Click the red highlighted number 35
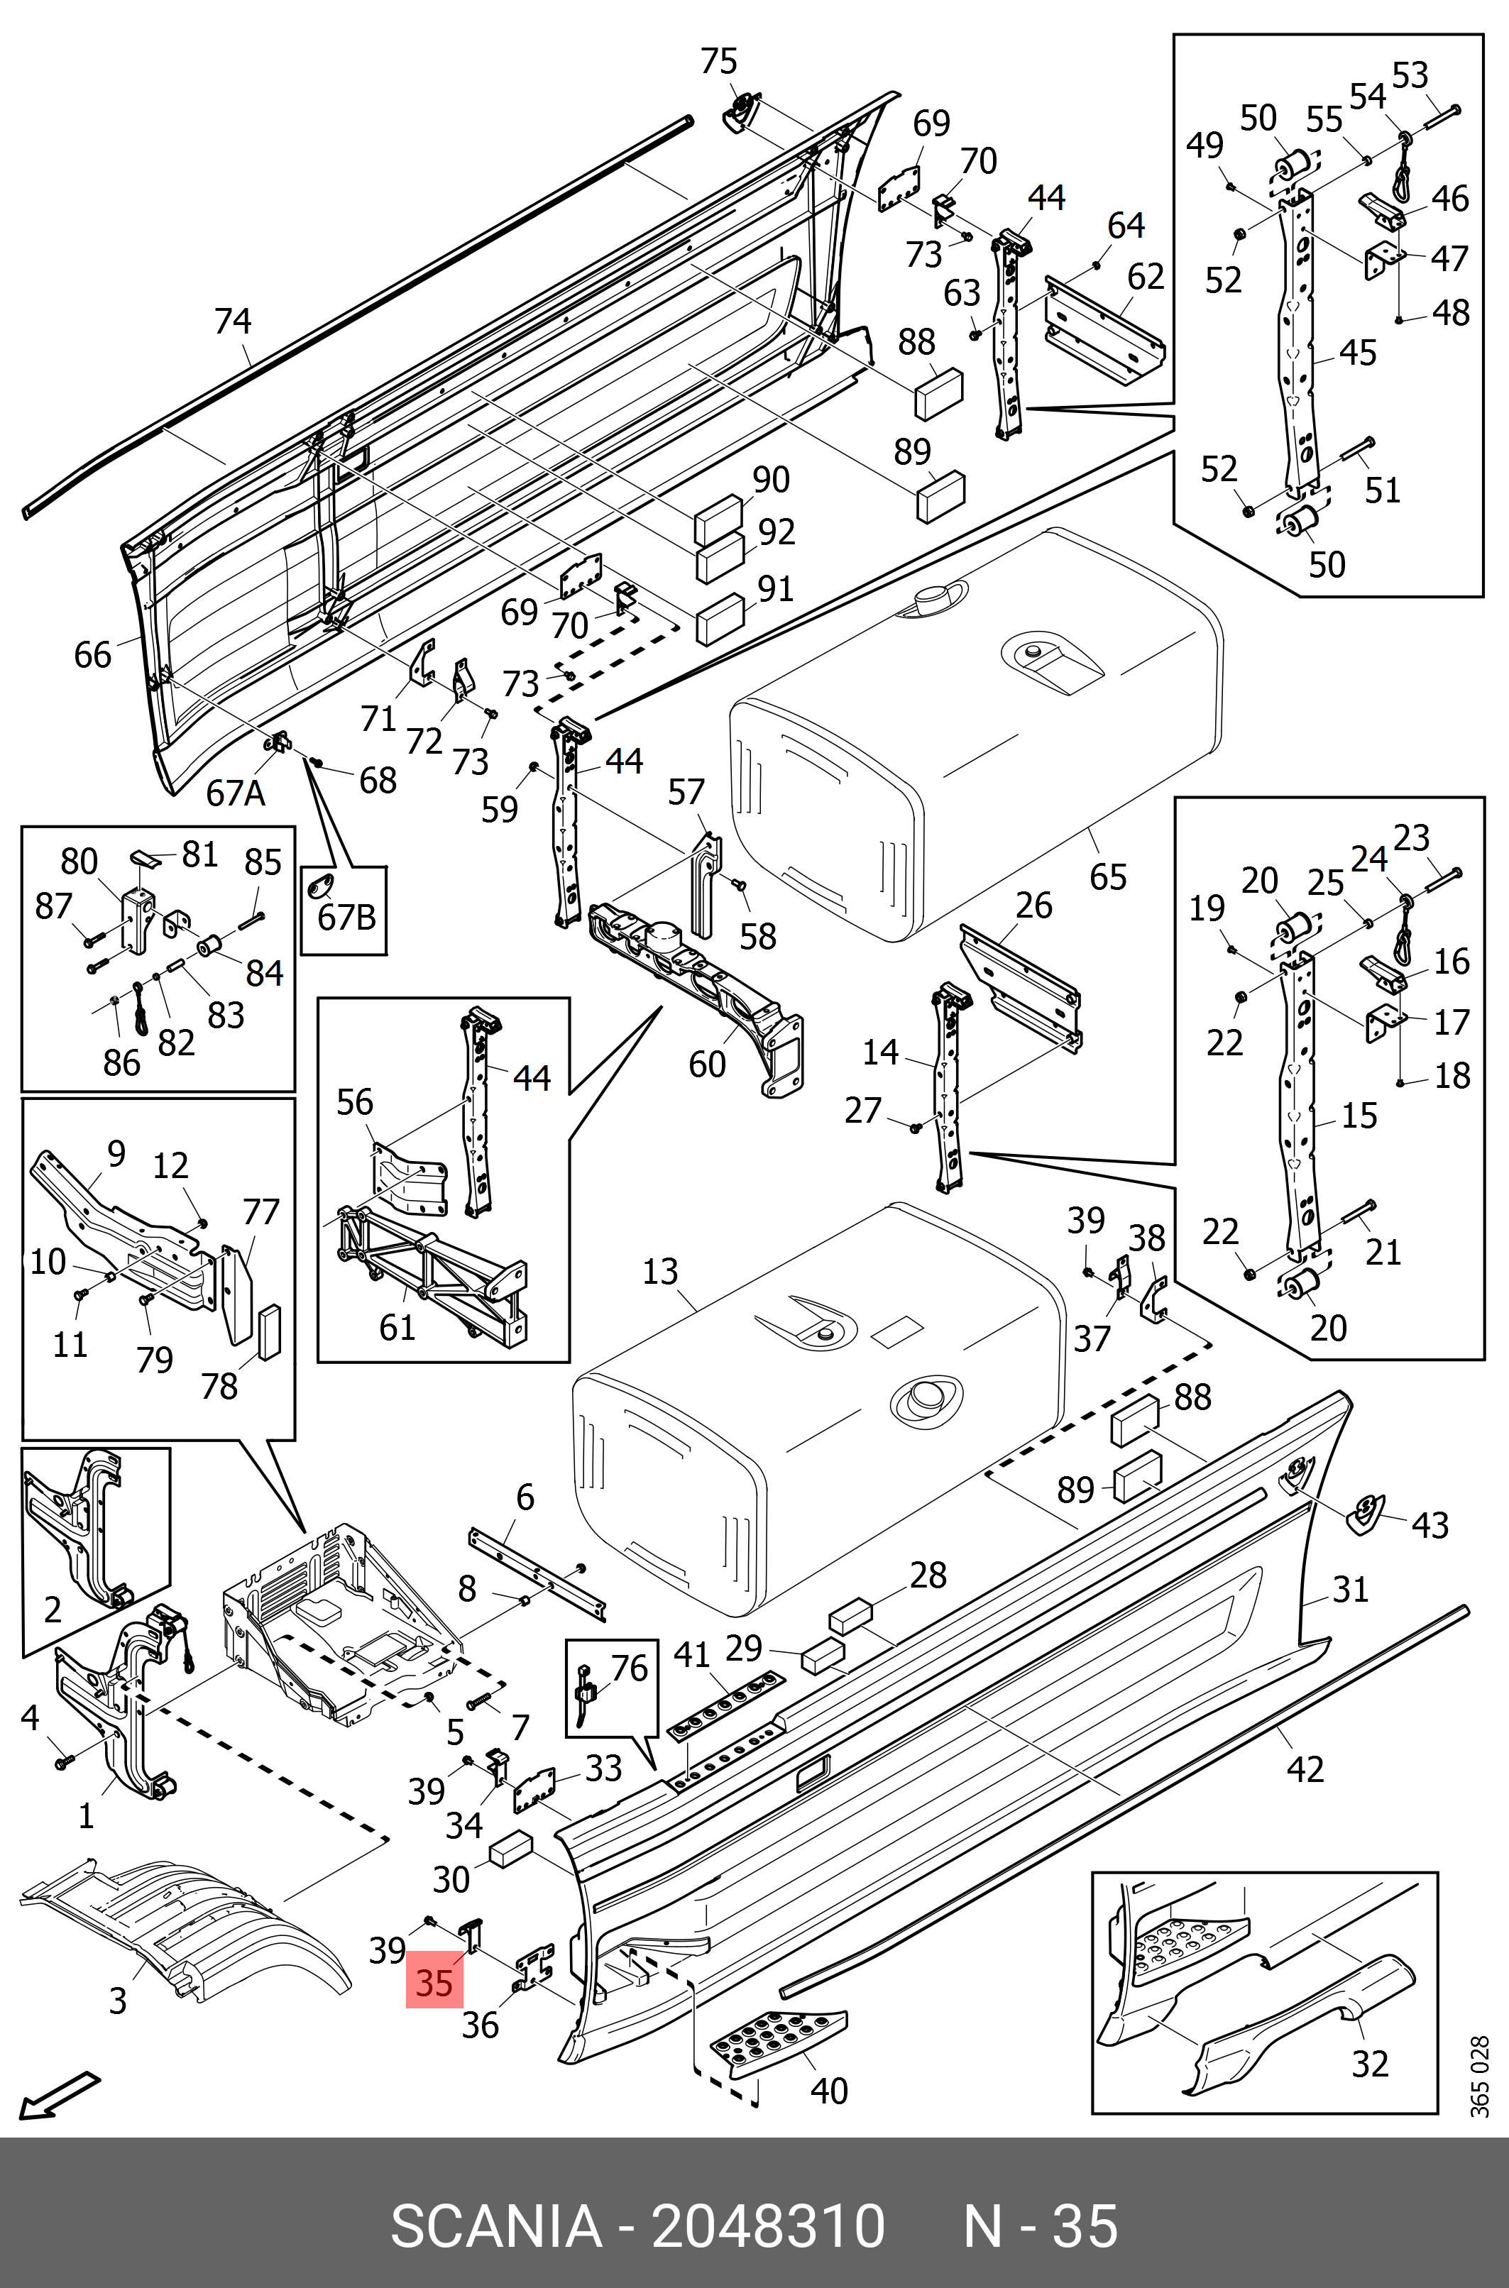click(x=434, y=1983)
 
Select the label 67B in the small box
click(x=346, y=918)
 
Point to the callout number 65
click(x=1108, y=876)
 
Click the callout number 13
click(x=660, y=1271)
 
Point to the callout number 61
click(x=397, y=1328)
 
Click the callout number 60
click(x=708, y=1063)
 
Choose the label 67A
click(x=235, y=793)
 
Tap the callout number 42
click(x=1305, y=1769)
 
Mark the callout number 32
click(x=1369, y=2063)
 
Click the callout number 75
click(x=719, y=62)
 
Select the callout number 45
click(x=1358, y=353)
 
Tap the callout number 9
click(x=116, y=1153)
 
